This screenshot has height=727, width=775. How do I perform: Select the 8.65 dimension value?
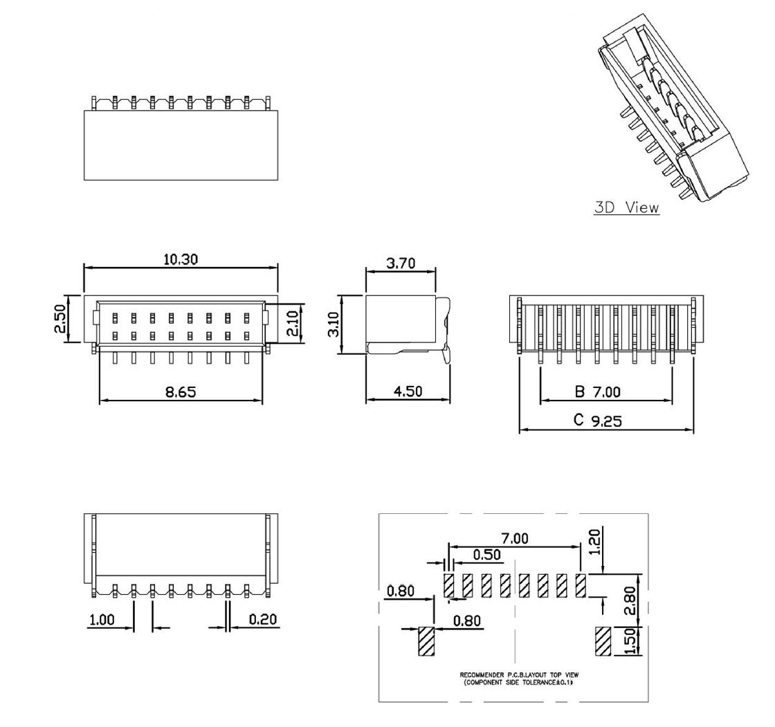(x=181, y=392)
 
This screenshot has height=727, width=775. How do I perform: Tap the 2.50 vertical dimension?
(x=62, y=319)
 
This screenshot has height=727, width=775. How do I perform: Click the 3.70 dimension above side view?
(x=401, y=264)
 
